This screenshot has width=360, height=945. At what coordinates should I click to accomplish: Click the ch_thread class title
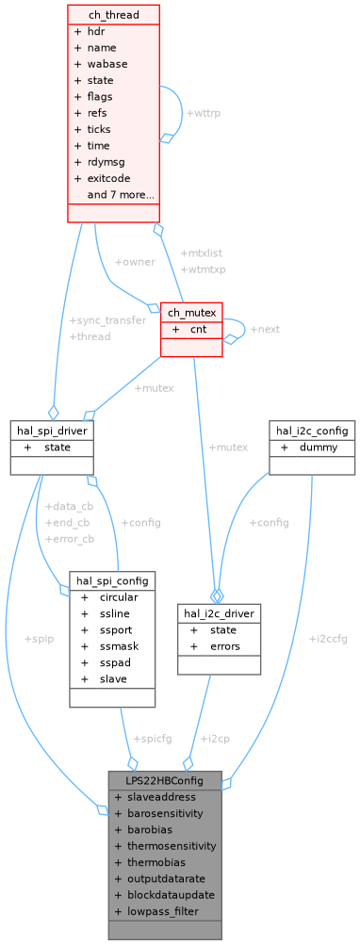[113, 13]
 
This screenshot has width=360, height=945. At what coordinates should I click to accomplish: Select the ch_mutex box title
[192, 312]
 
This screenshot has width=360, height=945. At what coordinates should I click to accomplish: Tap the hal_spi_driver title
[51, 430]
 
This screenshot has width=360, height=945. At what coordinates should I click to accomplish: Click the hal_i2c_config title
[311, 430]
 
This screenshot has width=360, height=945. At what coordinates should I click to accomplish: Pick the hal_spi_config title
[112, 580]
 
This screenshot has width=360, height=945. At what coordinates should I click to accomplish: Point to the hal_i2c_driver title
[218, 612]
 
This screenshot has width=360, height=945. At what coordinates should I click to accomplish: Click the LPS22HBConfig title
[165, 780]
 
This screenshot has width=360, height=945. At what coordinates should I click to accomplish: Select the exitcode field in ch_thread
[108, 178]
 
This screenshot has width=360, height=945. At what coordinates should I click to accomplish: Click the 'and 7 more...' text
[121, 195]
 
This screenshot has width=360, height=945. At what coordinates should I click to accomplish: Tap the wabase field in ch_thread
[107, 63]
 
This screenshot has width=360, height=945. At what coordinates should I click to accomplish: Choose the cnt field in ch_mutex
[198, 329]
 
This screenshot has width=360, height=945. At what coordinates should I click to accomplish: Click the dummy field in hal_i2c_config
[319, 447]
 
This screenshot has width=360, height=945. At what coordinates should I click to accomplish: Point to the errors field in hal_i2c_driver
[225, 646]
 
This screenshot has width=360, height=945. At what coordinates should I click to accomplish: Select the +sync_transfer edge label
[107, 320]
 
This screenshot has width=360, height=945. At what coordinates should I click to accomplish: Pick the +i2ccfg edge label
[327, 638]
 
